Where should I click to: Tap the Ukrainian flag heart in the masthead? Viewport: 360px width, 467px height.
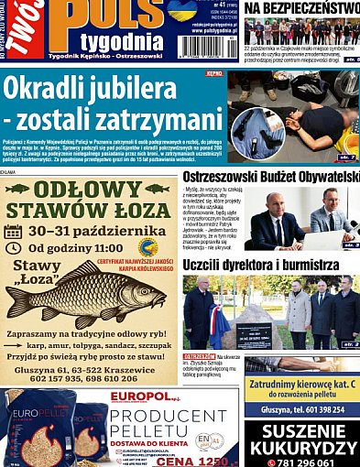tap(180, 10)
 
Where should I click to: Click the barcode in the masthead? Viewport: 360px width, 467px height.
tap(206, 47)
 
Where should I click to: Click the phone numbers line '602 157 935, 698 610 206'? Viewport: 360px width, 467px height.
tap(88, 377)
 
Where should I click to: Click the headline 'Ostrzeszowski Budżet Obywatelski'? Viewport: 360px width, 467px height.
tap(271, 176)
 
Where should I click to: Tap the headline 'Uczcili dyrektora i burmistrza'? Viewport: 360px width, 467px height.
tap(267, 265)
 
